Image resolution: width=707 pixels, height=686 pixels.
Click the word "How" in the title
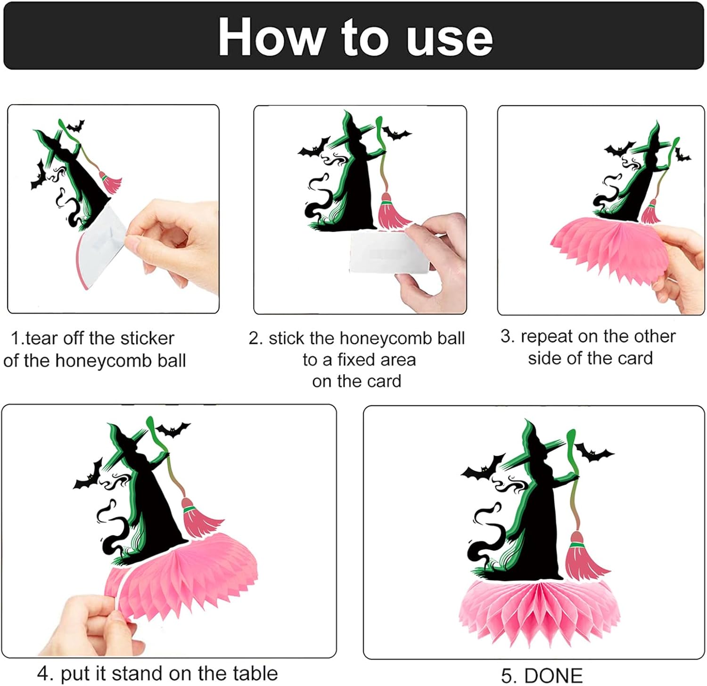272,37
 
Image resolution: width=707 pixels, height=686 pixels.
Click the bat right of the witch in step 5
593,452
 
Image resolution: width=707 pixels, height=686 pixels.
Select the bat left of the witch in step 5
483,468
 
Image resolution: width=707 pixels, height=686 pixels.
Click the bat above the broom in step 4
173,429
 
